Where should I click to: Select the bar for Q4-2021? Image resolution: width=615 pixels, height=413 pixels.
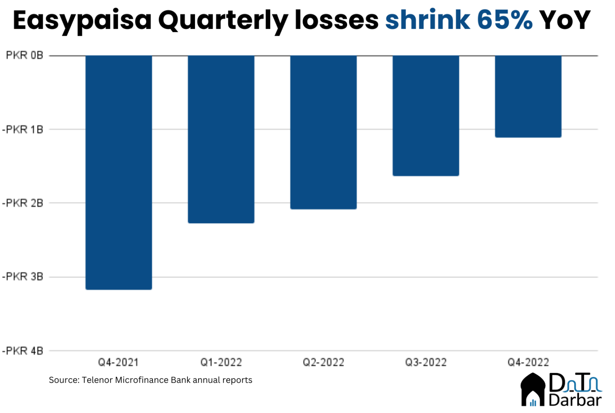(x=119, y=172)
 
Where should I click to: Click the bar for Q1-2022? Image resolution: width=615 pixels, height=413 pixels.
(x=221, y=139)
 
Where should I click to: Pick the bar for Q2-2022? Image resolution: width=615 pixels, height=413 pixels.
(x=324, y=132)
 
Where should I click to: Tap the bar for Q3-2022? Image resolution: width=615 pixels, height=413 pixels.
(x=426, y=115)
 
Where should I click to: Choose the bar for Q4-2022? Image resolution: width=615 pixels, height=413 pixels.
(x=528, y=96)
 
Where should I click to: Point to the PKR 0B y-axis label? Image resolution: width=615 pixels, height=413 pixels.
(x=24, y=55)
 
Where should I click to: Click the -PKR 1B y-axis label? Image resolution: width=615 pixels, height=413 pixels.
(x=22, y=129)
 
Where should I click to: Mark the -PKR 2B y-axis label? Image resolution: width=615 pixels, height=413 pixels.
(x=22, y=203)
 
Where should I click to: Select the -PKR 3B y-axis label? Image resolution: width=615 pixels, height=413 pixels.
(x=22, y=277)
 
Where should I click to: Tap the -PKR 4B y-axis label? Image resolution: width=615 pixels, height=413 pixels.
(x=22, y=351)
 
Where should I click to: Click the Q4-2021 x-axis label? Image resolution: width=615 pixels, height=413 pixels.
(x=119, y=363)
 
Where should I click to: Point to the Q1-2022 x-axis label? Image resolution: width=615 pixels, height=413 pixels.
(x=221, y=363)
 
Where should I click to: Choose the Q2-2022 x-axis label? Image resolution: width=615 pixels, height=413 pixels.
(x=324, y=363)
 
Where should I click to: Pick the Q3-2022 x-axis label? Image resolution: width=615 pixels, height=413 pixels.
(x=426, y=363)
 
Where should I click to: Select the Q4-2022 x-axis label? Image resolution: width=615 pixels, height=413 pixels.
(x=528, y=363)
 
